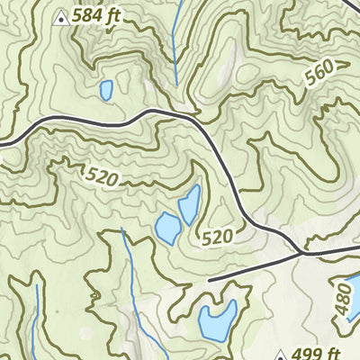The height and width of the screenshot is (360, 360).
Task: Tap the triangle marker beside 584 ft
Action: click(x=60, y=16)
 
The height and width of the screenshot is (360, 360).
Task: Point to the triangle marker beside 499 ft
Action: click(x=281, y=355)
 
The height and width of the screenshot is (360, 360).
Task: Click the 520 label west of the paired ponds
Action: click(x=103, y=177)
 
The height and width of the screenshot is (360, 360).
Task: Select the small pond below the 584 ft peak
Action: click(x=106, y=90)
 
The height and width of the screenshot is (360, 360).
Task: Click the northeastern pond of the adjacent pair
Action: click(x=189, y=206)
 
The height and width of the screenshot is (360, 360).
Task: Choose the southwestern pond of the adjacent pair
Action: click(x=167, y=228)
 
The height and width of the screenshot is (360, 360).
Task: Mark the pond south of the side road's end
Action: click(x=218, y=318)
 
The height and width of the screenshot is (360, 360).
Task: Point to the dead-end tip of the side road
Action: click(x=209, y=280)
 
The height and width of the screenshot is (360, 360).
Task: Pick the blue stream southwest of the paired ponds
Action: click(x=129, y=270)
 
